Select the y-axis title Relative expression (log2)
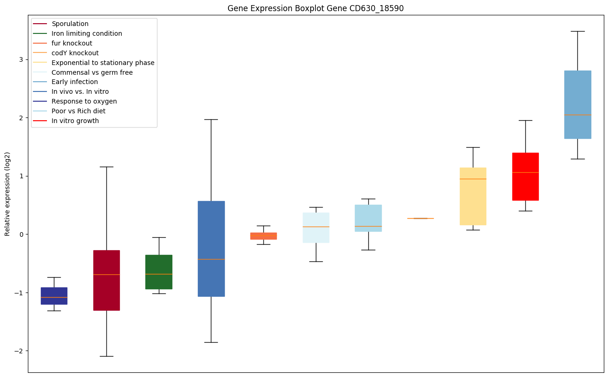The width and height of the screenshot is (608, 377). click(7, 194)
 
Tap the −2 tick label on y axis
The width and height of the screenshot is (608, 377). click(19, 351)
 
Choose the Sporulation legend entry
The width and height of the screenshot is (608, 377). click(70, 24)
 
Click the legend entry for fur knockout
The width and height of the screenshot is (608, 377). click(72, 43)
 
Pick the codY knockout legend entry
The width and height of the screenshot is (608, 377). click(75, 53)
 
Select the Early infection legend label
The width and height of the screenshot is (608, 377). click(75, 82)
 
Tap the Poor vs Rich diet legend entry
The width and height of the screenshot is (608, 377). click(78, 111)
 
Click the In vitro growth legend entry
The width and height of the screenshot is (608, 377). click(75, 121)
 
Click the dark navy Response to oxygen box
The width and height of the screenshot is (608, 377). click(54, 296)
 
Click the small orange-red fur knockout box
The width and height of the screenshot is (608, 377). click(263, 236)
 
